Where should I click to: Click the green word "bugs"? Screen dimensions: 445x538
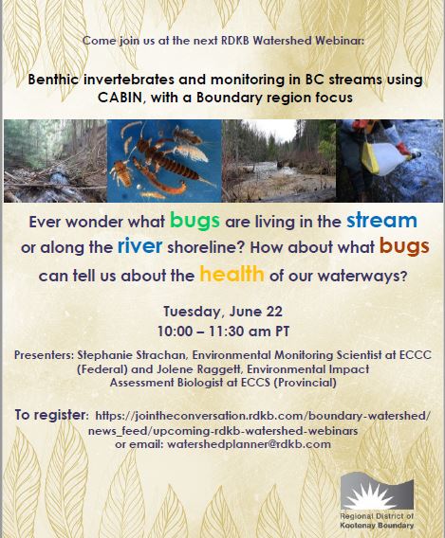point(195,221)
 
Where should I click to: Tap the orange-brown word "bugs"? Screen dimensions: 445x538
point(404,246)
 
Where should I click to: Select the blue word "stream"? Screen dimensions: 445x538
point(381,221)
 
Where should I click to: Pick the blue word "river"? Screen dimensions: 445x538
point(139,245)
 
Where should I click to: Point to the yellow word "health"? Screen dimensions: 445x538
point(232,274)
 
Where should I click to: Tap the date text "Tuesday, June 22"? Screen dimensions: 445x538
point(223,312)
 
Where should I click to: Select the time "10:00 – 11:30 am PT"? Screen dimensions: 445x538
point(223,332)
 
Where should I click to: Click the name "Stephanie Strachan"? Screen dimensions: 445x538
point(132,355)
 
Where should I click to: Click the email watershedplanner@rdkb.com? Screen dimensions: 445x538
point(249,444)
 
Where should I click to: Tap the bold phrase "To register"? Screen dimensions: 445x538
point(50,415)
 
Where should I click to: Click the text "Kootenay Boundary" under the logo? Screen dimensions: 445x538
point(377,526)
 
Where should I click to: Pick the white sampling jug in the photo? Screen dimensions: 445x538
point(387,158)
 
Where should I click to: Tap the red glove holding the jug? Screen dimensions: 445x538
point(402,149)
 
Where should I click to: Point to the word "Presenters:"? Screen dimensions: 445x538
point(44,355)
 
